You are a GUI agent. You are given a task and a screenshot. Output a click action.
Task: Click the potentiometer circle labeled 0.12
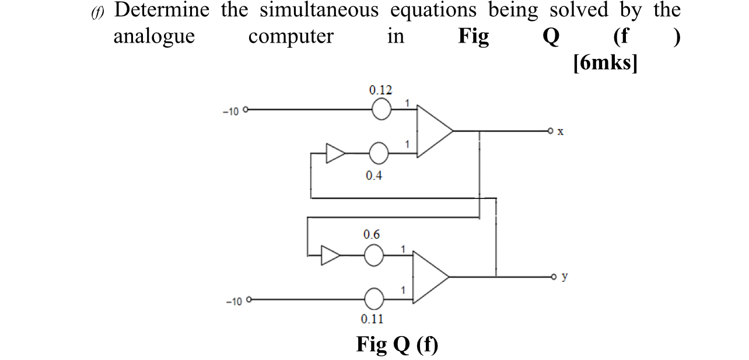click(x=381, y=109)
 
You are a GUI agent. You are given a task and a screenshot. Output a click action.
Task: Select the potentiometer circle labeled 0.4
click(x=379, y=154)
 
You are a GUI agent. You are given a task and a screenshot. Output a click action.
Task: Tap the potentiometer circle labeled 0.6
click(x=374, y=256)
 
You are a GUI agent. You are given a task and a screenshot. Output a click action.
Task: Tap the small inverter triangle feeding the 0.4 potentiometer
click(x=335, y=154)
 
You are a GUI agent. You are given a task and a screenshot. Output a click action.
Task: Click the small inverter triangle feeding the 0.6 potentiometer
click(x=330, y=256)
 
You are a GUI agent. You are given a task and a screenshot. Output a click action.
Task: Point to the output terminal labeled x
click(x=549, y=131)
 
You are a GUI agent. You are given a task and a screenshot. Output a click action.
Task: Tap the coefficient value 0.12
click(x=380, y=90)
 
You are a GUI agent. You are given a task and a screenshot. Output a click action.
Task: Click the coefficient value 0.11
click(x=373, y=319)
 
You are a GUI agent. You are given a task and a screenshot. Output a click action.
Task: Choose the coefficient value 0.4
click(x=374, y=176)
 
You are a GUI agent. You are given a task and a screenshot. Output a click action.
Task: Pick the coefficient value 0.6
click(x=372, y=235)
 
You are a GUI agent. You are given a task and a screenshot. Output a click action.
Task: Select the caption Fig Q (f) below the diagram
click(x=397, y=345)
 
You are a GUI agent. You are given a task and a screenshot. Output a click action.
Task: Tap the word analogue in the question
click(x=154, y=37)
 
